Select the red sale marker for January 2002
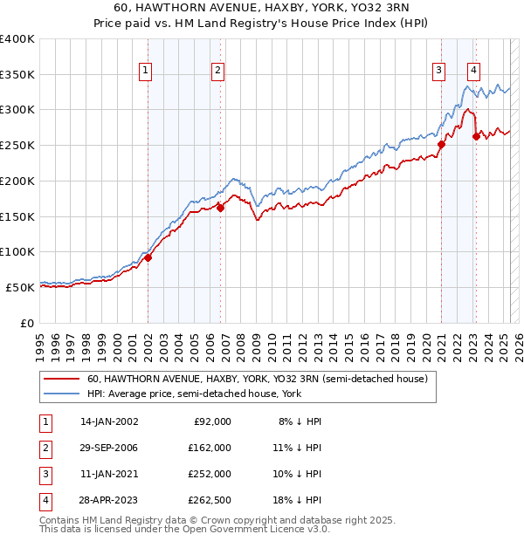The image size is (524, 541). pyautogui.click(x=148, y=257)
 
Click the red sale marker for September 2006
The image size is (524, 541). pyautogui.click(x=221, y=208)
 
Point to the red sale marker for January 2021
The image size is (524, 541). pyautogui.click(x=441, y=145)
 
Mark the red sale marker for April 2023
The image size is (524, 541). pyautogui.click(x=477, y=136)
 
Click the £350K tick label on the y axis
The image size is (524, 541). pyautogui.click(x=17, y=75)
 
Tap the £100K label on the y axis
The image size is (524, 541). pyautogui.click(x=17, y=251)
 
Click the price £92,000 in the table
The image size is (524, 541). pyautogui.click(x=213, y=421)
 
